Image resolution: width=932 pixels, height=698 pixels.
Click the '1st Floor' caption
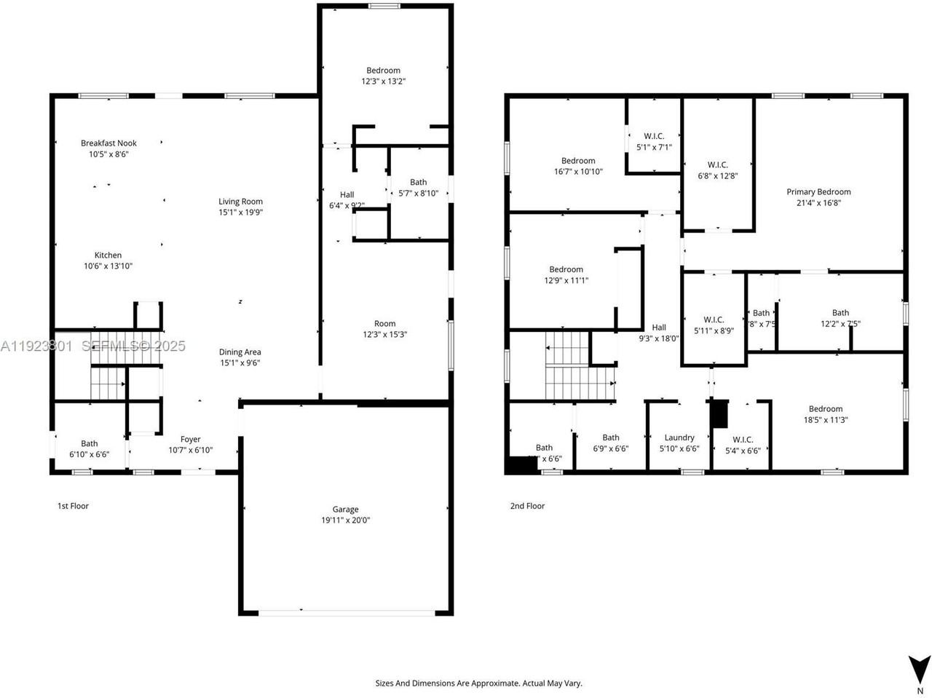point(73,506)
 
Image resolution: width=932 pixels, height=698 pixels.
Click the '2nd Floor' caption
point(527,506)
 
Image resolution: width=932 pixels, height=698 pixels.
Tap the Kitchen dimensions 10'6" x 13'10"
point(108,266)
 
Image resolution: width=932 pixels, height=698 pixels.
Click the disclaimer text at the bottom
point(478,683)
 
